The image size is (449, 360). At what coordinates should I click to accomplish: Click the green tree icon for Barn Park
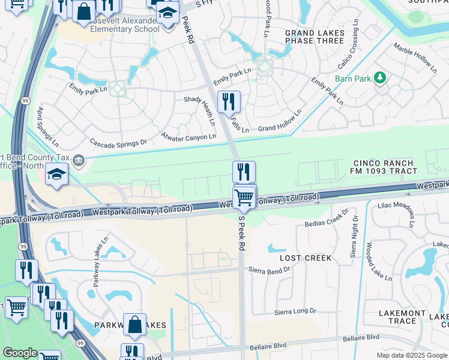tap(379, 77)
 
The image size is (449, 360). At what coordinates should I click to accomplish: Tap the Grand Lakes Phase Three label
tap(315, 37)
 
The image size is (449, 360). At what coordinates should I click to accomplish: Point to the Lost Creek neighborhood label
tap(306, 258)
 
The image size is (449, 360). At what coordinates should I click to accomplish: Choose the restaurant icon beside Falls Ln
tap(228, 101)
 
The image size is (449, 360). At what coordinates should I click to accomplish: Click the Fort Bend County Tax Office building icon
tap(79, 160)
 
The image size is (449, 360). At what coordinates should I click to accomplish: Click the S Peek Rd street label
tap(242, 229)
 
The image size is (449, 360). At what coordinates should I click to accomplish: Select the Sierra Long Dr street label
tap(295, 311)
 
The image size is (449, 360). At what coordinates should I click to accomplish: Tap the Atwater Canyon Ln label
tap(188, 137)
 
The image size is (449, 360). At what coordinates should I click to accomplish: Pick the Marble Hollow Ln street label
tap(415, 58)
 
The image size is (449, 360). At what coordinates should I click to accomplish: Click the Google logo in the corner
tap(20, 353)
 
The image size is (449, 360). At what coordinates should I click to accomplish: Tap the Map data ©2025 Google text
tap(411, 355)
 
